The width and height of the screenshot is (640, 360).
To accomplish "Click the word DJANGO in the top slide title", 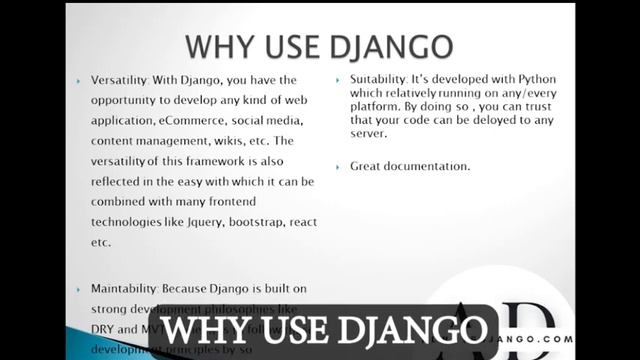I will coord(393,46).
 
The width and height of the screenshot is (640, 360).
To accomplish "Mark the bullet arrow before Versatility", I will coord(80,80).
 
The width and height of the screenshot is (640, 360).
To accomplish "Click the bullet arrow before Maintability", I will coord(80,289).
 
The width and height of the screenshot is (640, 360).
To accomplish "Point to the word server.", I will coord(370,140).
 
